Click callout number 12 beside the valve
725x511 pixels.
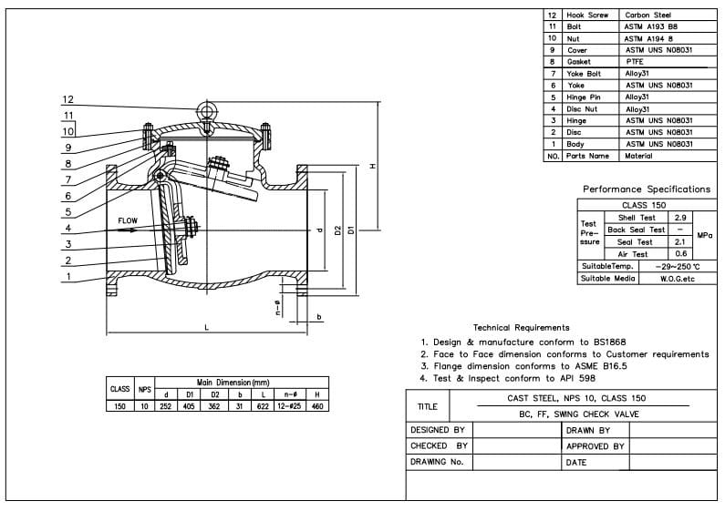[x=68, y=99]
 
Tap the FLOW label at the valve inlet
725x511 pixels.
[x=128, y=220]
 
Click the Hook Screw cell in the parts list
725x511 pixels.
[x=587, y=15]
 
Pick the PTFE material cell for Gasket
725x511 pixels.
[x=635, y=62]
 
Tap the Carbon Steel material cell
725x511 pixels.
[x=647, y=15]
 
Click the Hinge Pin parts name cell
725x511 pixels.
[x=584, y=97]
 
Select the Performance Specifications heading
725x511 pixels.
[x=647, y=189]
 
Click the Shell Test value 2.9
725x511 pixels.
[x=680, y=218]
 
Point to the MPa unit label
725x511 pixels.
[x=704, y=235]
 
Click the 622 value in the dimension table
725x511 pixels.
[x=264, y=405]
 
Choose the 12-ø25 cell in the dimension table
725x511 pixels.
[x=288, y=405]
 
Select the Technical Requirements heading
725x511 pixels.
[x=521, y=327]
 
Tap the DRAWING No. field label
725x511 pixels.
[x=438, y=462]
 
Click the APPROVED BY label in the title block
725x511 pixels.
[x=595, y=446]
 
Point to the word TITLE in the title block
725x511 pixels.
[x=427, y=407]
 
